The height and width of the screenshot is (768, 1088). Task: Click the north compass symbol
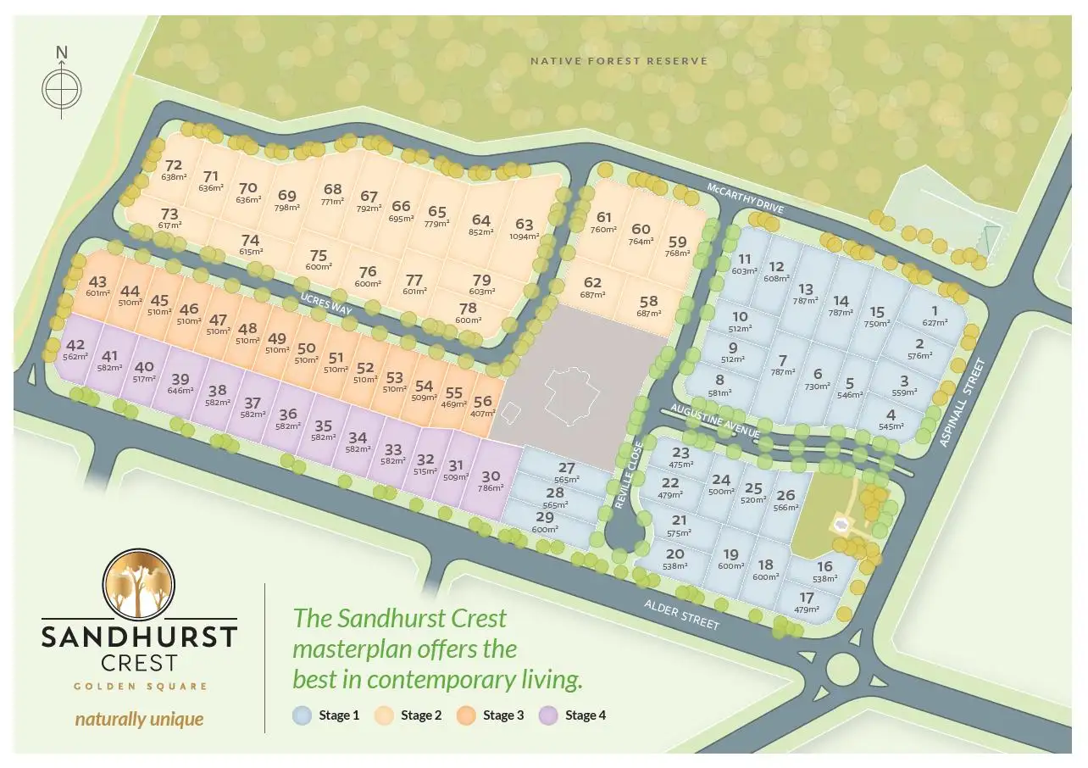pos(62,86)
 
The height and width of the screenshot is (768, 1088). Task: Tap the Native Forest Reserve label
pos(618,61)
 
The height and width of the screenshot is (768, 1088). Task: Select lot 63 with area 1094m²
pos(525,230)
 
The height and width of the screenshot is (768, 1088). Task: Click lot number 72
pos(174,170)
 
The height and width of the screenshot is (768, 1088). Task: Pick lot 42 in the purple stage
pos(75,349)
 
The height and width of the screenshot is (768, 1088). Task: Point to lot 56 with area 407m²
pos(483,406)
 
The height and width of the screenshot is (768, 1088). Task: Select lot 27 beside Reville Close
pos(566,472)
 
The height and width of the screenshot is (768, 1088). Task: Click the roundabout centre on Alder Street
pos(850,665)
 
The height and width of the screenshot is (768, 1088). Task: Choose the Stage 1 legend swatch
pos(303,715)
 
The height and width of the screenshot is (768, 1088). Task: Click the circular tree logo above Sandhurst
pos(139,584)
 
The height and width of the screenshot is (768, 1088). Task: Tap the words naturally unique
pos(139,720)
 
